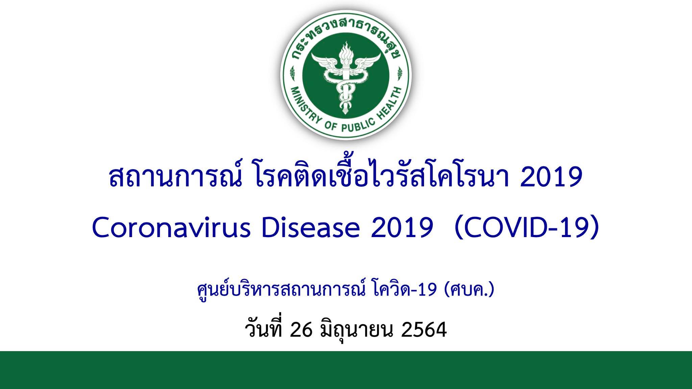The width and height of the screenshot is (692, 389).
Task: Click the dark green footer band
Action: tap(346, 370)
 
